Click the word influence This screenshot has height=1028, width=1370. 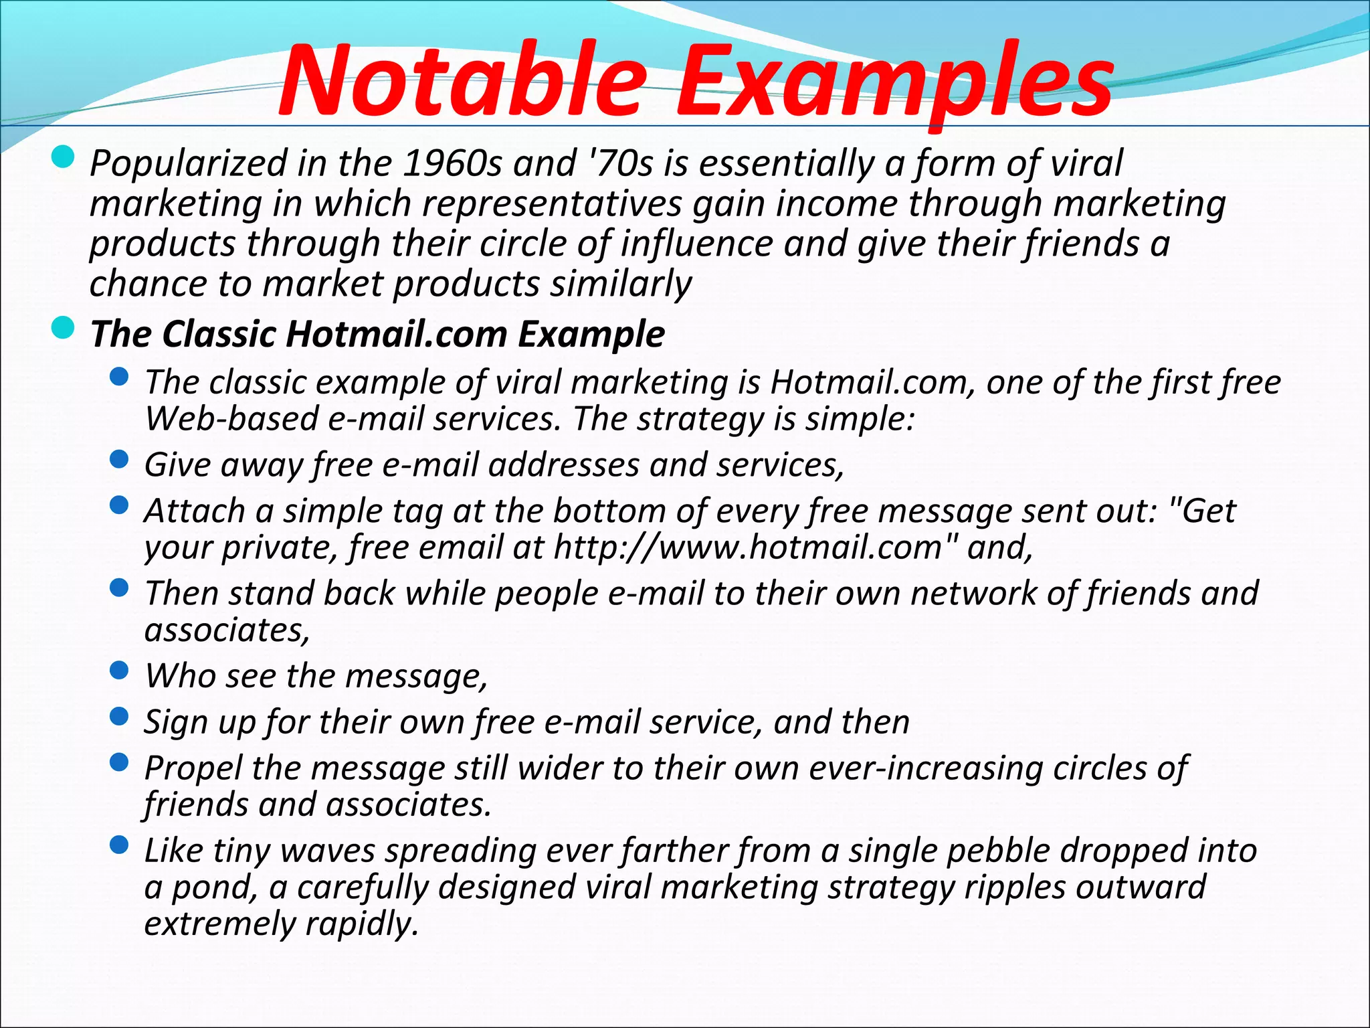tap(696, 244)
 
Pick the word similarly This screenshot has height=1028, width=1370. tap(621, 284)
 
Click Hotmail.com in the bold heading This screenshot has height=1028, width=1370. tap(397, 334)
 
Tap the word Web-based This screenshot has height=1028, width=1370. tap(231, 419)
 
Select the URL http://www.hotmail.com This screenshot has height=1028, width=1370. tap(749, 547)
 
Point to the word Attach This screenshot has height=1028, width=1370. tap(195, 511)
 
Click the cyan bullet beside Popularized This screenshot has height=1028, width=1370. tap(63, 158)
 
